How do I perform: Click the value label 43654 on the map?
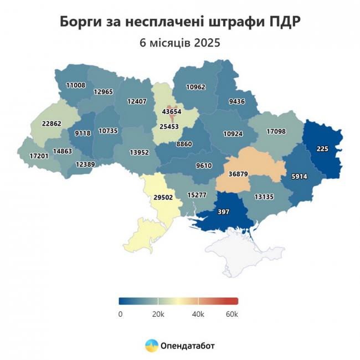(x=172, y=111)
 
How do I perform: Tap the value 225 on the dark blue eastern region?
(x=323, y=148)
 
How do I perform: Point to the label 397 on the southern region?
(x=224, y=212)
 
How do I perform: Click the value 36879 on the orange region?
(x=238, y=174)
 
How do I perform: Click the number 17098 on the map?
(x=276, y=131)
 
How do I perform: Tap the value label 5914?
(x=300, y=177)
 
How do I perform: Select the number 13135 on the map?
(x=264, y=196)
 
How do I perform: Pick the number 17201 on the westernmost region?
(x=38, y=157)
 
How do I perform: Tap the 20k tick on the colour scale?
(x=158, y=315)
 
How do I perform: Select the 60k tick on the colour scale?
(x=232, y=315)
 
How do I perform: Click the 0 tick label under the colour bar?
(x=120, y=315)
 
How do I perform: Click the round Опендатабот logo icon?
(x=151, y=346)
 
